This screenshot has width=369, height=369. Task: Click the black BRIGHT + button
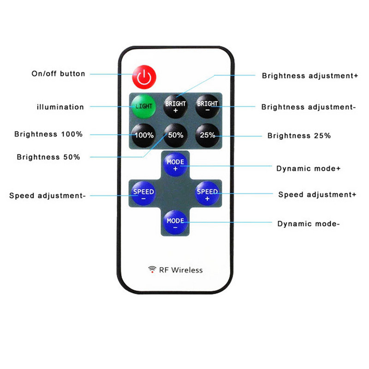(176, 107)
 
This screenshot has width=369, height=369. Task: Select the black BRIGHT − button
(208, 106)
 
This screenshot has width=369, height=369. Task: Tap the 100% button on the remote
(143, 135)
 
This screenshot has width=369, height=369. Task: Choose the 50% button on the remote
(176, 135)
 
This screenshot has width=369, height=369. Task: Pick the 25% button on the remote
(208, 135)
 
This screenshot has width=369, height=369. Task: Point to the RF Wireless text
(181, 270)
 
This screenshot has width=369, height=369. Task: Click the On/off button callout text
(58, 73)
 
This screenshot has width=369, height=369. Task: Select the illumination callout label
(60, 107)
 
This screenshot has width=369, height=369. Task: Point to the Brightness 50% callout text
(48, 157)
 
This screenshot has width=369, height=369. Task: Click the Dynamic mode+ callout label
(308, 168)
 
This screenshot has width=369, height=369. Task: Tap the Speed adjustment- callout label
(48, 196)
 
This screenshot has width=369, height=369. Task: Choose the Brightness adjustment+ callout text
(310, 75)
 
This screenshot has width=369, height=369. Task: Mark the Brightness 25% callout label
(299, 136)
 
